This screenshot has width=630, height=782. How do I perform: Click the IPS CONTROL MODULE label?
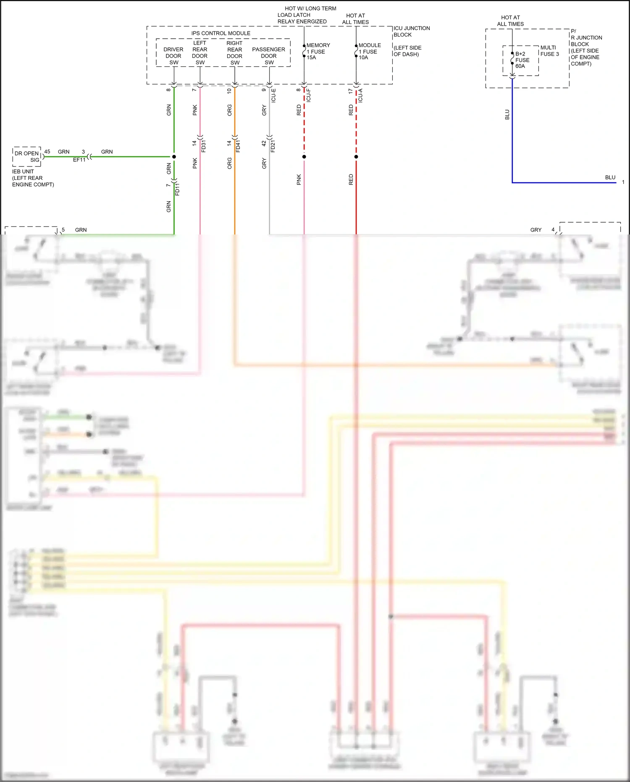pos(220,33)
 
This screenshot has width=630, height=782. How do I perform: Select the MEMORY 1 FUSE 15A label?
pos(318,51)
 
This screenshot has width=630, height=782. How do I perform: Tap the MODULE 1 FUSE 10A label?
pos(369,51)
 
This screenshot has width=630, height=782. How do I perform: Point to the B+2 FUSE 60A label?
pos(522,60)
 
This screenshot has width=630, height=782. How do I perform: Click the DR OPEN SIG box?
pos(27,156)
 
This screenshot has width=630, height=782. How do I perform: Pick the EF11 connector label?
pos(79,160)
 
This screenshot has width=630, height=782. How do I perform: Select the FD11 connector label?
pos(177,189)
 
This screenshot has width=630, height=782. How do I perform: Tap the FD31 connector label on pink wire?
pos(204,146)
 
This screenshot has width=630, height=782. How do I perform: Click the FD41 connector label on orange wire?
pos(238,146)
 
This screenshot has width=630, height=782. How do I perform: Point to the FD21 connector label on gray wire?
pos(273,146)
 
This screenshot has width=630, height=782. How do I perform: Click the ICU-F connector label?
pos(309,95)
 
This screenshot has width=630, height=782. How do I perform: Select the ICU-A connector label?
pos(360,95)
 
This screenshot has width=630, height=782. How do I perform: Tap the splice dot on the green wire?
pos(174,157)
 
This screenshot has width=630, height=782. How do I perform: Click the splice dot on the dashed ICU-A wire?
pos(356,157)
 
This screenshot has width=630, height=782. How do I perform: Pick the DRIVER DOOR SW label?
pos(173,56)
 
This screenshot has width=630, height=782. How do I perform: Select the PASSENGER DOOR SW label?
pos(268,56)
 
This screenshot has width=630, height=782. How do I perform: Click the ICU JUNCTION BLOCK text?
pos(411,32)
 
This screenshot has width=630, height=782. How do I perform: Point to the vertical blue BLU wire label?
pos(507,115)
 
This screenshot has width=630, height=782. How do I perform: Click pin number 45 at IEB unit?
pos(47,152)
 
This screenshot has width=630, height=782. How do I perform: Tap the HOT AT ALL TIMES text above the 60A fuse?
pos(510,21)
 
